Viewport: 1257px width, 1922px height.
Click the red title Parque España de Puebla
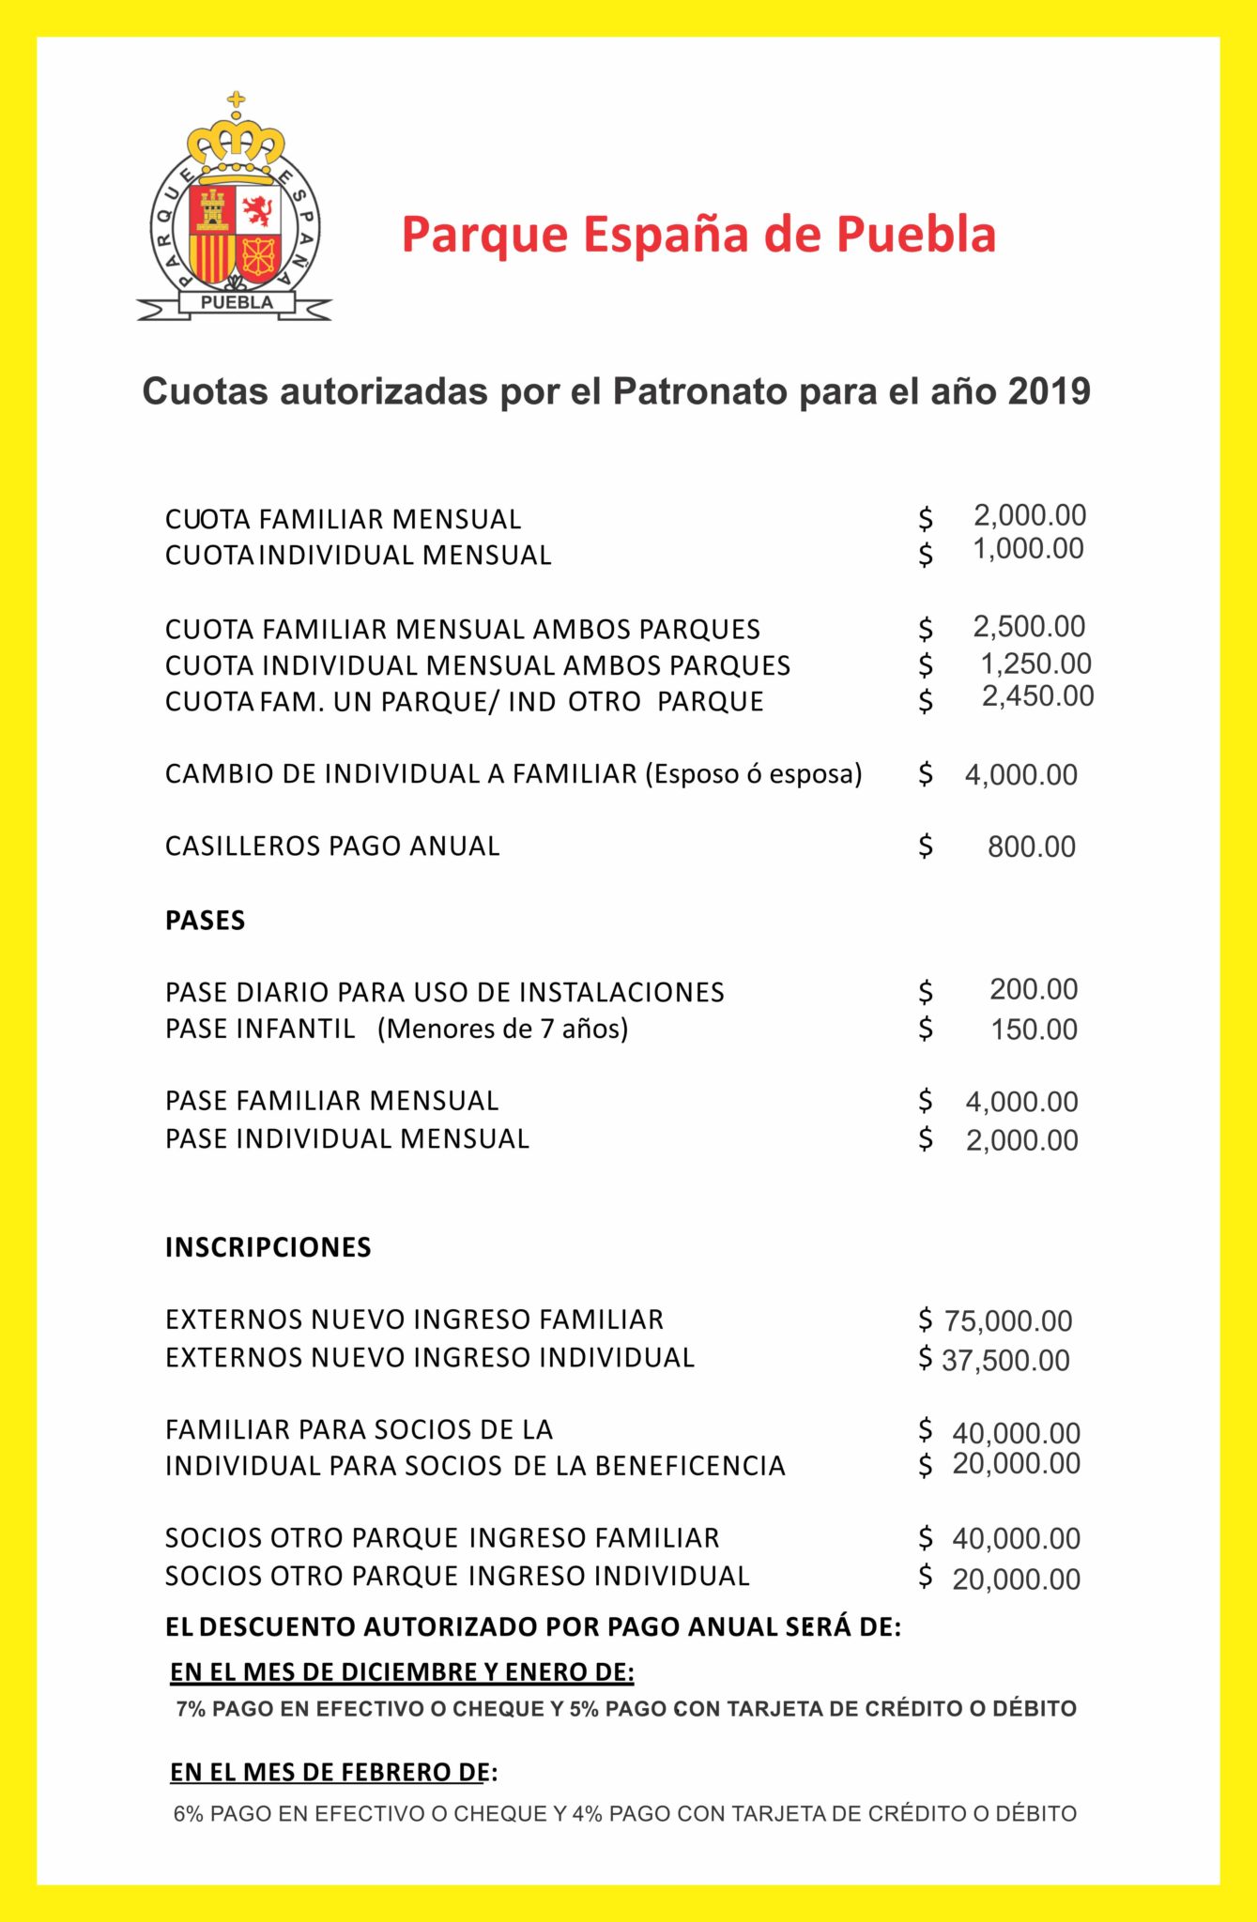[x=698, y=235]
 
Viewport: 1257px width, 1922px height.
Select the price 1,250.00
[x=1035, y=664]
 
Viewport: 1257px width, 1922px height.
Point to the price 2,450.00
[x=1037, y=696]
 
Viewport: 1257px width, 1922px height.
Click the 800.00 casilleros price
[x=1031, y=847]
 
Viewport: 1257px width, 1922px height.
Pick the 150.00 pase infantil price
[x=1034, y=1030]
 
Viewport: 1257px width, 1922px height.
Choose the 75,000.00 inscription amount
[x=1007, y=1321]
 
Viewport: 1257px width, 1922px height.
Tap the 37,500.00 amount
[x=1005, y=1361]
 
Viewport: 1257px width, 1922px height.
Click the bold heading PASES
[x=205, y=921]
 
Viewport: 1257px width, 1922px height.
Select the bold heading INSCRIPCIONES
[x=268, y=1247]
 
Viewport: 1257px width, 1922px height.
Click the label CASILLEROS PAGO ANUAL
[x=332, y=847]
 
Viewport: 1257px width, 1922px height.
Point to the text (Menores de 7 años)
[x=502, y=1030]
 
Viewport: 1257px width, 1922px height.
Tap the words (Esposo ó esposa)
[x=753, y=774]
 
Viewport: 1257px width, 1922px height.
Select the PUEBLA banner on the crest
[x=237, y=302]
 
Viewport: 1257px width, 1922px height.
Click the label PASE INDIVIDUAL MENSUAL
[x=347, y=1139]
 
